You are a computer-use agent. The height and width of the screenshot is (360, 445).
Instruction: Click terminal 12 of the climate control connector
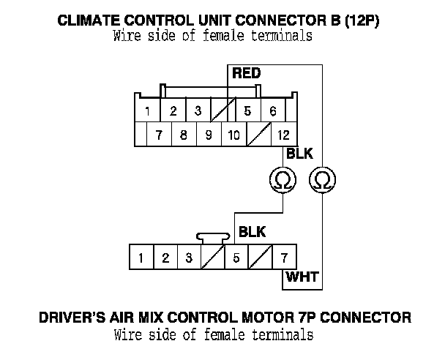283,135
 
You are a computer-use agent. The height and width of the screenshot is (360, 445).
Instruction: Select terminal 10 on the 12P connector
233,135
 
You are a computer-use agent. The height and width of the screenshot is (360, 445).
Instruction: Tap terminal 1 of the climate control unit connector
148,112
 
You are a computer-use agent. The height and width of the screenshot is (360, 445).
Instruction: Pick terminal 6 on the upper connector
272,112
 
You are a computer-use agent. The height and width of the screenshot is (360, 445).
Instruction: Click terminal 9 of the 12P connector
209,135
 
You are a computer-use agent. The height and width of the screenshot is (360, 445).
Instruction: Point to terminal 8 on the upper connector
184,135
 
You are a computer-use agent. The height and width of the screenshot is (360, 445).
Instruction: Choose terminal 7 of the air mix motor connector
283,258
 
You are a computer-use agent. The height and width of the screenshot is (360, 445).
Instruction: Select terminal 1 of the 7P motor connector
140,258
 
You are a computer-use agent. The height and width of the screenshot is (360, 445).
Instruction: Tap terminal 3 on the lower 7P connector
188,258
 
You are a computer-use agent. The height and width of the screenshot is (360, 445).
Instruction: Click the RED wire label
247,74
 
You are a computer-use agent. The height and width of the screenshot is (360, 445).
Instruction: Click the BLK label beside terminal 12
299,155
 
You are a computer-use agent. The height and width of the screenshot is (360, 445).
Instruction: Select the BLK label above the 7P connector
253,233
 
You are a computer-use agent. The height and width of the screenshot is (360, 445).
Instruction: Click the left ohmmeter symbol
280,179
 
